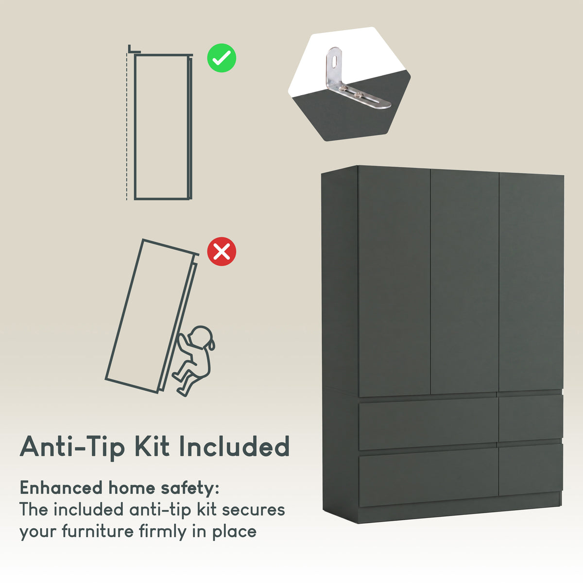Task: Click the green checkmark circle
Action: click(222, 58)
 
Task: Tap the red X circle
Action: click(222, 251)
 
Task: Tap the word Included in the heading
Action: click(235, 446)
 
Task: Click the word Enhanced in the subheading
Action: click(61, 488)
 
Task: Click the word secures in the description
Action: click(253, 510)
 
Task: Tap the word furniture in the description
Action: click(98, 532)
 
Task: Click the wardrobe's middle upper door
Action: click(464, 281)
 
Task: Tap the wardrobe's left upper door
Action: click(394, 281)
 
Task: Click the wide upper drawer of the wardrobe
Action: click(428, 423)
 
